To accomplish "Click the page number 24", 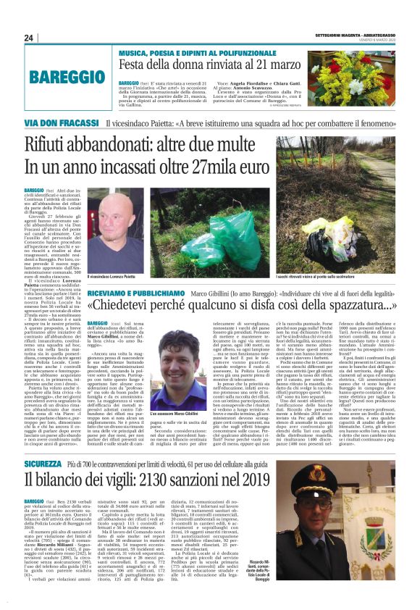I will point(29,38).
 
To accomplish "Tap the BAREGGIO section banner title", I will point(63,78).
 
